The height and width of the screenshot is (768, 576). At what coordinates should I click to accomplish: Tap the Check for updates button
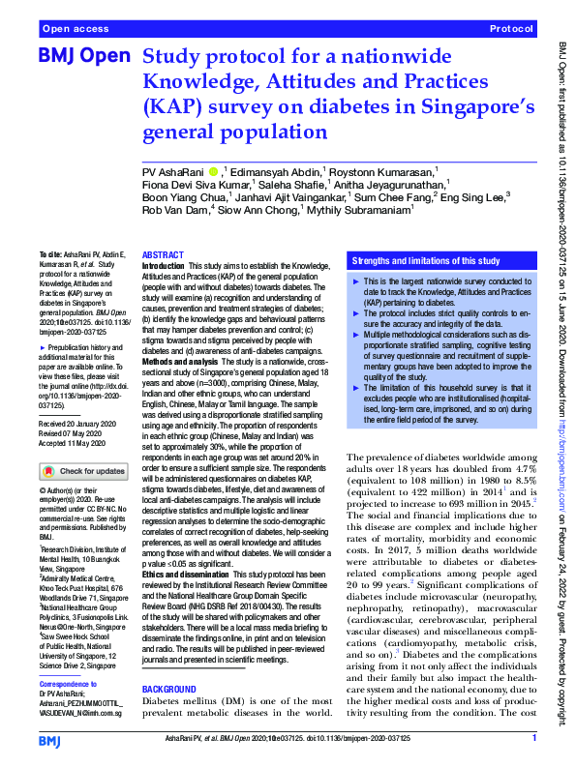point(83,471)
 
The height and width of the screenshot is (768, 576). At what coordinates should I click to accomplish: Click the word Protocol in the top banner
point(511,30)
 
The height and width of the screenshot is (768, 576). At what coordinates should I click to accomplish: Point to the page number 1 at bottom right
point(533,739)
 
